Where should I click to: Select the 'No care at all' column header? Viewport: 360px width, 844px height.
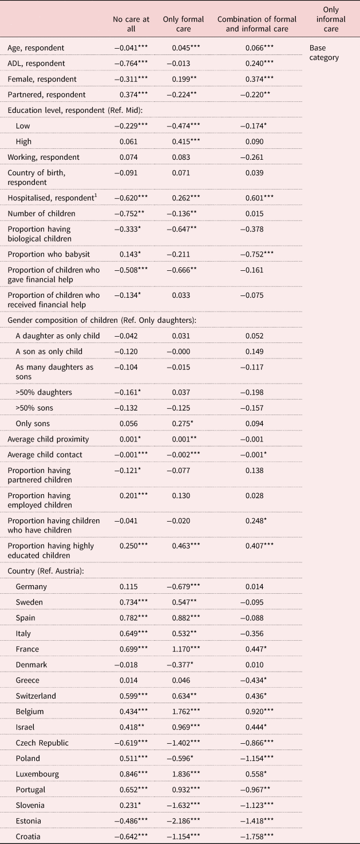(131, 24)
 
